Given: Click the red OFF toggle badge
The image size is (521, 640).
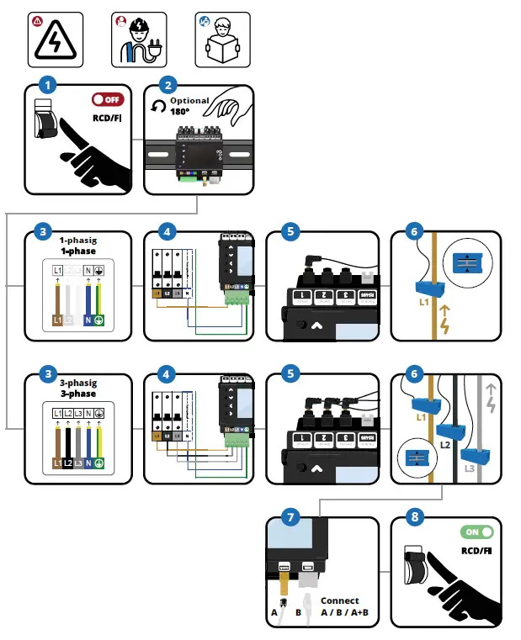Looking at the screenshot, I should tap(107, 99).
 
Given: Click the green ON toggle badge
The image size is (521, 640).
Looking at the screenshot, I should tap(476, 532).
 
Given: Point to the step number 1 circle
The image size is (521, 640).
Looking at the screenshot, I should tap(49, 85).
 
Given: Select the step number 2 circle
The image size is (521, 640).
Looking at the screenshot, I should tap(169, 85).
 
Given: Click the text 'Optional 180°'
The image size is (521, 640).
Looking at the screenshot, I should tap(188, 105).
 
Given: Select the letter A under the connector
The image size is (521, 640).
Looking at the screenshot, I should tap(274, 615).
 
